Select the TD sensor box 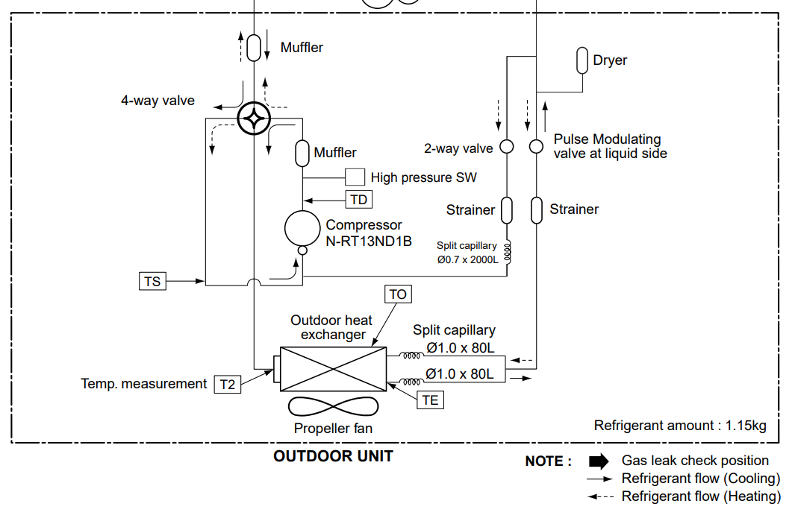(x=359, y=200)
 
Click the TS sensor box (x=152, y=281)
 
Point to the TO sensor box (x=398, y=294)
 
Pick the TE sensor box (x=431, y=400)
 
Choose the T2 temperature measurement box (x=228, y=384)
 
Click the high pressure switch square (x=355, y=177)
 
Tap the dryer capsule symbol (x=582, y=60)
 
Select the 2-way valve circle (x=507, y=146)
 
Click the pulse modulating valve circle (x=536, y=146)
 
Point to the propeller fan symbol (x=333, y=406)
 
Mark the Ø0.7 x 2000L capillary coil (x=507, y=252)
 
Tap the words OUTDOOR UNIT (x=333, y=456)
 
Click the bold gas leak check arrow (x=599, y=461)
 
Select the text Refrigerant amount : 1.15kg (x=680, y=425)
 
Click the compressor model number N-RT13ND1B (x=369, y=241)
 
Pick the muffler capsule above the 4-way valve (x=254, y=48)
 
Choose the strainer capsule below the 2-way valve (x=507, y=210)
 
